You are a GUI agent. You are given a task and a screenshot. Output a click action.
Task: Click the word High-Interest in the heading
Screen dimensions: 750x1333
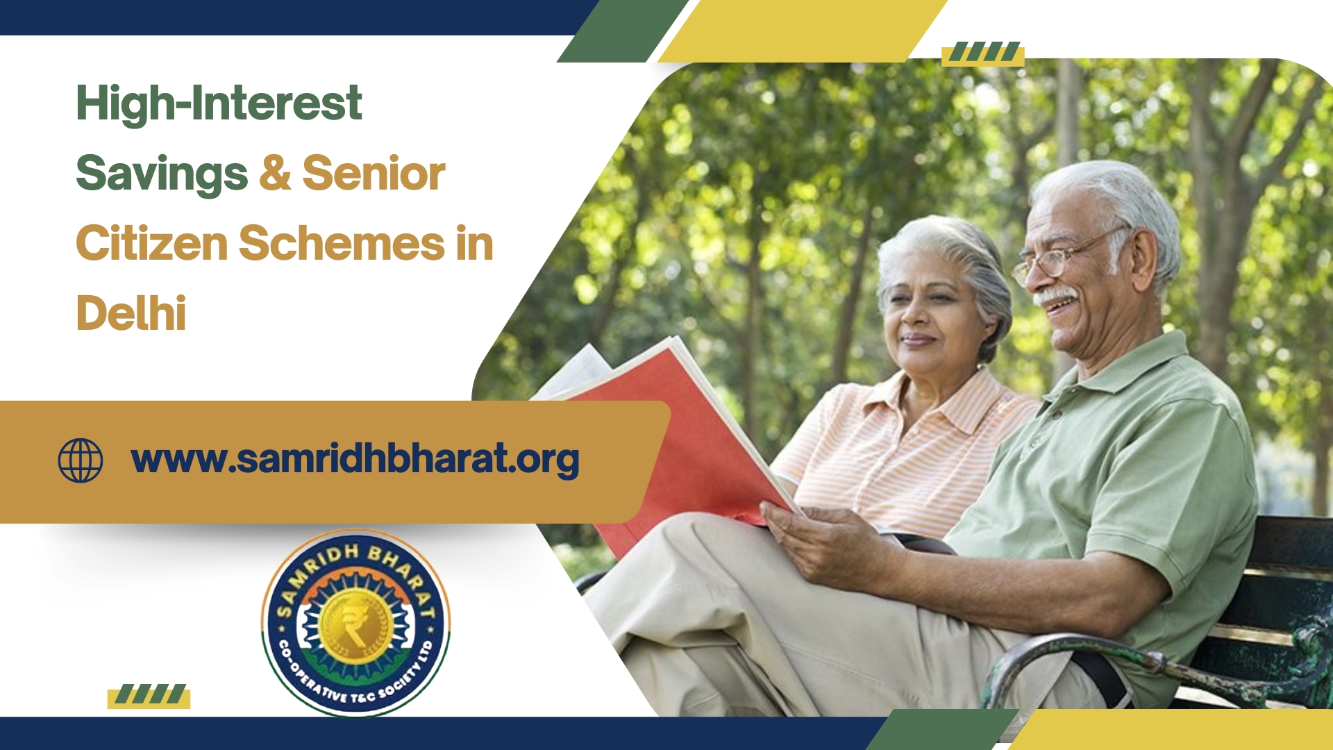(x=219, y=103)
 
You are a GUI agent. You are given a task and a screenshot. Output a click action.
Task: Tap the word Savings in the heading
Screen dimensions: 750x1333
(x=162, y=174)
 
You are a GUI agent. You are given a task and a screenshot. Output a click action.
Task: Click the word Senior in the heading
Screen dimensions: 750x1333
(x=374, y=174)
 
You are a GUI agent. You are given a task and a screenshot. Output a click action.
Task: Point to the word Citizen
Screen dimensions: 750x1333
(x=152, y=244)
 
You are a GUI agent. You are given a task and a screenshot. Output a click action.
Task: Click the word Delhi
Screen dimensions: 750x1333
(x=131, y=313)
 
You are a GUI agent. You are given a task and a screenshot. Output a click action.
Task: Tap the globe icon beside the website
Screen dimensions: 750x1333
(x=81, y=460)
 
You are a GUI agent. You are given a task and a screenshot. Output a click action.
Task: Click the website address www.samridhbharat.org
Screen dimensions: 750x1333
(x=355, y=460)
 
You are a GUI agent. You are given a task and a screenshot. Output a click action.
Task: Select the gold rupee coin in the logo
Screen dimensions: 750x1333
(x=355, y=623)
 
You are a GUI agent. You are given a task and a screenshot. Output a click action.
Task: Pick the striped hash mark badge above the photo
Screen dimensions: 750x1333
(x=983, y=53)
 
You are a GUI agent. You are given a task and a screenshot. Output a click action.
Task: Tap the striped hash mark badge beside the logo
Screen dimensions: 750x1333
(x=149, y=695)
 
